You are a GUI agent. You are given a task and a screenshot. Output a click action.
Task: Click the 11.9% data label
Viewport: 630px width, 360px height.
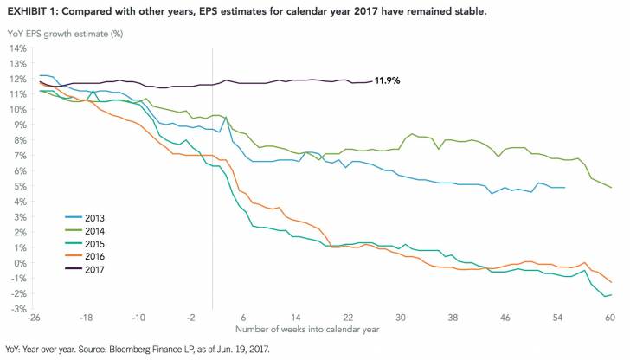coord(389,81)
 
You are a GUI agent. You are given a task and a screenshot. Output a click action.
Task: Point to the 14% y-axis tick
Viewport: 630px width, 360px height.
coord(18,48)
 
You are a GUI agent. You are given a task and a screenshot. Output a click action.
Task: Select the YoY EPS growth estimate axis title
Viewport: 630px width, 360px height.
coord(64,32)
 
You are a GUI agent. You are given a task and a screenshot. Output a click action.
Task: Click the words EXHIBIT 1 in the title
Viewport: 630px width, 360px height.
coord(34,10)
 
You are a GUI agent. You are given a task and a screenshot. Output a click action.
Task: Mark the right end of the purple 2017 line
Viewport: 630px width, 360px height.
coord(371,82)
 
